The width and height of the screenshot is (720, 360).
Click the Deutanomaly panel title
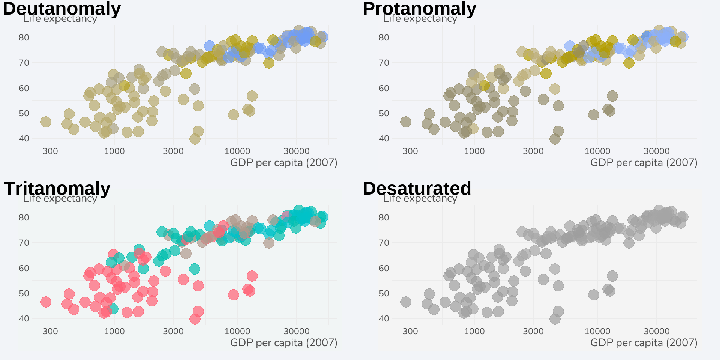click(61, 8)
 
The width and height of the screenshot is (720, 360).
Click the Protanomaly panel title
click(419, 8)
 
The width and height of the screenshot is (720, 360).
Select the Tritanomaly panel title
click(57, 188)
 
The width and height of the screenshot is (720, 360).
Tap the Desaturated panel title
click(417, 188)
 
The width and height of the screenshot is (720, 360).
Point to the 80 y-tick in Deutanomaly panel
click(24, 37)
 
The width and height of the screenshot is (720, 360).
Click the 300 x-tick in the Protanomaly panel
click(410, 151)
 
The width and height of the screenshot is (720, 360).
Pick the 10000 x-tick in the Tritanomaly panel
click(237, 331)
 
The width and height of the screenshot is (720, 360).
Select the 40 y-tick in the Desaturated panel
click(384, 318)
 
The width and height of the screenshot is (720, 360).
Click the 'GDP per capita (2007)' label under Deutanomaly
click(283, 162)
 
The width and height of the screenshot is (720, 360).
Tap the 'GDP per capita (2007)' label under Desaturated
click(643, 342)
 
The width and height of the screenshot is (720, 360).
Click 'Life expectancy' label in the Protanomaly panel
click(420, 19)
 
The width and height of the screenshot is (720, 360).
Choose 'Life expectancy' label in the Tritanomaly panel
click(60, 199)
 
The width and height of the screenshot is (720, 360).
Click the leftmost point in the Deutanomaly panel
click(45, 121)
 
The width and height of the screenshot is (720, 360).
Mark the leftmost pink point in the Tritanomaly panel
click(45, 301)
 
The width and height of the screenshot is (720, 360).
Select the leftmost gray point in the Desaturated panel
click(405, 301)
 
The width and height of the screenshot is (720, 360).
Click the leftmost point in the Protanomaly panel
click(405, 121)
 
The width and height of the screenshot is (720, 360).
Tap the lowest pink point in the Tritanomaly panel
click(195, 319)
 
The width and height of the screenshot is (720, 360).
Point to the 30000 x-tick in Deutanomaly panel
click(296, 151)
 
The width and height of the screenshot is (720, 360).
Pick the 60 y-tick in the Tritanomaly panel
click(24, 268)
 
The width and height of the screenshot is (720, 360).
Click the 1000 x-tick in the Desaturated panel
click(474, 331)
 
